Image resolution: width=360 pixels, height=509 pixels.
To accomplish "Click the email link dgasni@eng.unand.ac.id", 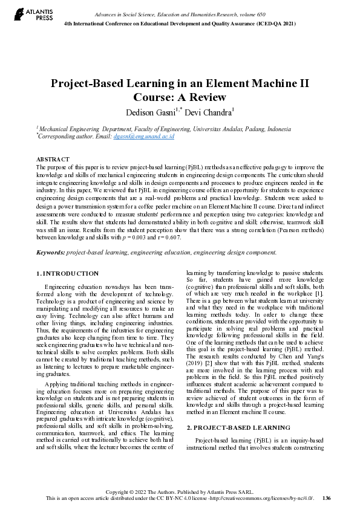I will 144,137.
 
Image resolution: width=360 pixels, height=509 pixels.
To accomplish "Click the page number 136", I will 327,498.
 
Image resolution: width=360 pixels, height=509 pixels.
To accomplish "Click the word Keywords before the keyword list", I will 50,252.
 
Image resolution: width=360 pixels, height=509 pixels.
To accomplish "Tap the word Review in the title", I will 206,97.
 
